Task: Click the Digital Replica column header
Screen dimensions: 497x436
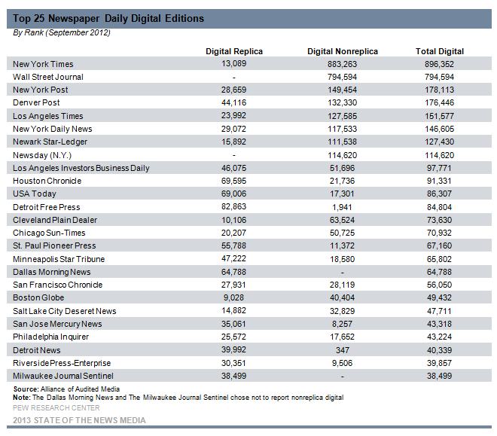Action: tap(234, 51)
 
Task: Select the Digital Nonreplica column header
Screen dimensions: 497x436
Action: tap(343, 51)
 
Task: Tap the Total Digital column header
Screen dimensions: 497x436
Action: tap(440, 51)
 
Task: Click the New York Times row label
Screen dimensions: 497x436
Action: tap(43, 64)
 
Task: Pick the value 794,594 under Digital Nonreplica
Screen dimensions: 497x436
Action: tap(343, 77)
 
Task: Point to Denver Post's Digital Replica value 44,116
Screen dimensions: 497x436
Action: tap(233, 102)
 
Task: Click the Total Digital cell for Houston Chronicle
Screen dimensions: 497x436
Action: tap(439, 181)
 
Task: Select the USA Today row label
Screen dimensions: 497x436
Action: tap(35, 194)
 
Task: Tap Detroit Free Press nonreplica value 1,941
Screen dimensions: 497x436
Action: tap(342, 207)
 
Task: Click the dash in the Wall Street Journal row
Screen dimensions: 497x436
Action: tap(234, 78)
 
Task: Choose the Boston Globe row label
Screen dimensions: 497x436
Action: tap(38, 297)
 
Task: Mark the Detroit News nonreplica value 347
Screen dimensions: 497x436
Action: tap(343, 350)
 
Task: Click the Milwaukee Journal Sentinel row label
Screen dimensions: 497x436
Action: tap(63, 376)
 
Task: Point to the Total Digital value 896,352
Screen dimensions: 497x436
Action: tap(439, 64)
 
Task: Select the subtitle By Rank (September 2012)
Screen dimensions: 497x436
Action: tap(62, 32)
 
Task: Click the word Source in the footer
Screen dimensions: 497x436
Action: tap(26, 389)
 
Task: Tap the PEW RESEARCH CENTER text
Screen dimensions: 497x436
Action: tap(56, 407)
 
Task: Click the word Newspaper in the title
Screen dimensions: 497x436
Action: tap(74, 18)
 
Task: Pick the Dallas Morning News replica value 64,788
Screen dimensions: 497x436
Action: tap(233, 272)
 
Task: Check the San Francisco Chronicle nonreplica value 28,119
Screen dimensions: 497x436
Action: tap(342, 285)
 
